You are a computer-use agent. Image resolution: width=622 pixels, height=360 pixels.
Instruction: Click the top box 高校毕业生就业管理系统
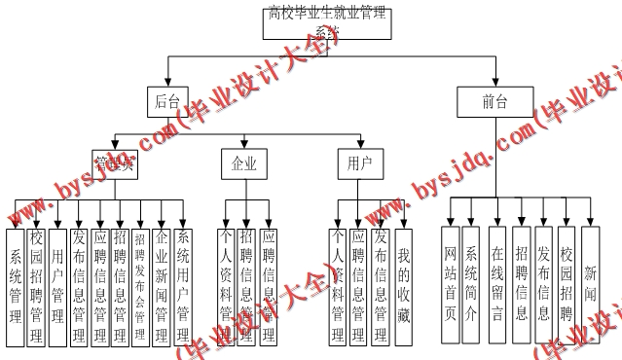click(x=326, y=21)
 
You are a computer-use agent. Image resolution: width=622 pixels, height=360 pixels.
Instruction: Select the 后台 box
click(x=165, y=101)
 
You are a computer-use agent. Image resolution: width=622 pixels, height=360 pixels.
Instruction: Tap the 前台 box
click(x=494, y=101)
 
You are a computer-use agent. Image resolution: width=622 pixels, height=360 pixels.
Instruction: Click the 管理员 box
click(x=114, y=163)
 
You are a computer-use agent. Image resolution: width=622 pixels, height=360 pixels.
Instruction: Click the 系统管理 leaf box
click(x=15, y=286)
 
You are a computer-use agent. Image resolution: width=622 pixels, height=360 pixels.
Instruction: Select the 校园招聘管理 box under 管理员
click(x=36, y=286)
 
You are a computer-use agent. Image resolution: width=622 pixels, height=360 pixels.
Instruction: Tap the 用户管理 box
click(x=57, y=286)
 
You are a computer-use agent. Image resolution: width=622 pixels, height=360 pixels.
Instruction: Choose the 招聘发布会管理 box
click(x=140, y=286)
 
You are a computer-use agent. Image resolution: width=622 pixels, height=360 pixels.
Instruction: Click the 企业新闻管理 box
click(x=162, y=286)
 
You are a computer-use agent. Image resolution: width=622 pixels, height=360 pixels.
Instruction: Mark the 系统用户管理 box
click(x=184, y=286)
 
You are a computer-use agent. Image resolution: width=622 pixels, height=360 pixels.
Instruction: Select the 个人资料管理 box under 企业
click(x=226, y=286)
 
